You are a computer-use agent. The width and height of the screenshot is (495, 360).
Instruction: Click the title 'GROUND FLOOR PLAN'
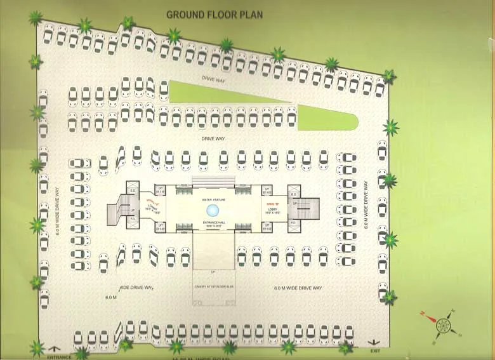coord(214,13)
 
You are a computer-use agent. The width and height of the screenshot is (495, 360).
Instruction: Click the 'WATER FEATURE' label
coord(214,199)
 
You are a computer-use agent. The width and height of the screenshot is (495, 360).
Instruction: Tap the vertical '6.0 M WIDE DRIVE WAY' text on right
coord(366,205)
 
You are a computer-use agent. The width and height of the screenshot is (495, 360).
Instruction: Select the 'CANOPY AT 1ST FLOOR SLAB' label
coord(214,286)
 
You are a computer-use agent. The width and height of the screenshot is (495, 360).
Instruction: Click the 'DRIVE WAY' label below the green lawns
coord(214,138)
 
